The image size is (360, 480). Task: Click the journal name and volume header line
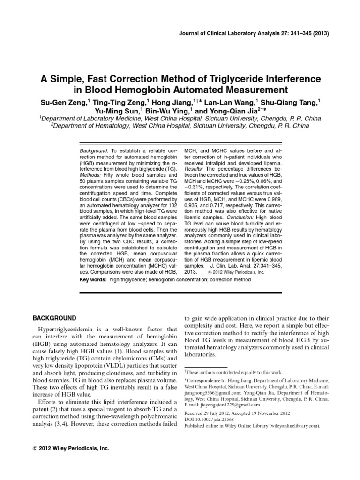258,33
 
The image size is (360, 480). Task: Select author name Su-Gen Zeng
62,102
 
